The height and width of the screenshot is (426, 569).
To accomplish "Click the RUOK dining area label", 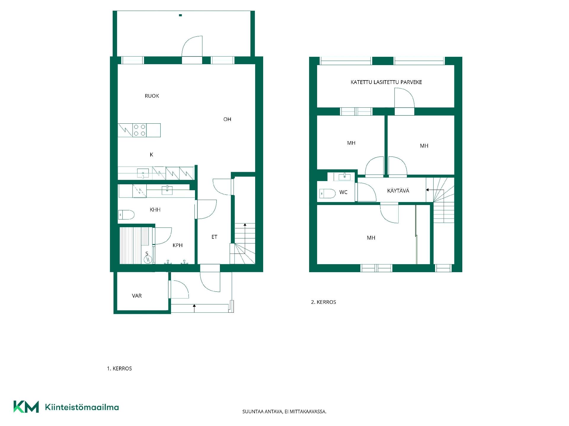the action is pos(152,96).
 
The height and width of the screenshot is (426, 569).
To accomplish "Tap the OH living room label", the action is pos(227,119).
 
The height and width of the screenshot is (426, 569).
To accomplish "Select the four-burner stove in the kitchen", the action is pos(139,130).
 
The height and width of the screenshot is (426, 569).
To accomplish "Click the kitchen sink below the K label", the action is pos(143,173).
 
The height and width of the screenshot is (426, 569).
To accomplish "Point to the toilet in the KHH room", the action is pos(126,214).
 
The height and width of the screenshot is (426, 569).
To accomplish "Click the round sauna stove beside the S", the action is pos(148,259).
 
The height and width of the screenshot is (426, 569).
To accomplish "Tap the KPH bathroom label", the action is pos(178,245).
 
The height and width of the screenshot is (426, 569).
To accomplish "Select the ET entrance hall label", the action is pos(214,237).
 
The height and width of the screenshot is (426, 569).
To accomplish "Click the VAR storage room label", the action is pos(137,296).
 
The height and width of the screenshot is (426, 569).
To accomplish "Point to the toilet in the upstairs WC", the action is pos(327,193).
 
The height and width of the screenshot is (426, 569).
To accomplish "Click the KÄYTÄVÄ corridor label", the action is pos(398,191).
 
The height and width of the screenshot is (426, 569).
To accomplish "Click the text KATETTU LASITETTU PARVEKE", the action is pos(386,82).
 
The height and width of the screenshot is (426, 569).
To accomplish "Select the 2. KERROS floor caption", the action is pos(324,302).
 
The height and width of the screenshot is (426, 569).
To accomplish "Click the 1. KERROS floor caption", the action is pos(119,369).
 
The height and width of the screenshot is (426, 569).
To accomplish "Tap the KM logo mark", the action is pos(26,407).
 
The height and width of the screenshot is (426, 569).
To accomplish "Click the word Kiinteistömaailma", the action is pos(82,407).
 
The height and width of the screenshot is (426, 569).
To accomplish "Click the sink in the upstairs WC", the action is pos(344,177).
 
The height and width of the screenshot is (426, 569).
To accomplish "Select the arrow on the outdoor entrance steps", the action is pos(194,308).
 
